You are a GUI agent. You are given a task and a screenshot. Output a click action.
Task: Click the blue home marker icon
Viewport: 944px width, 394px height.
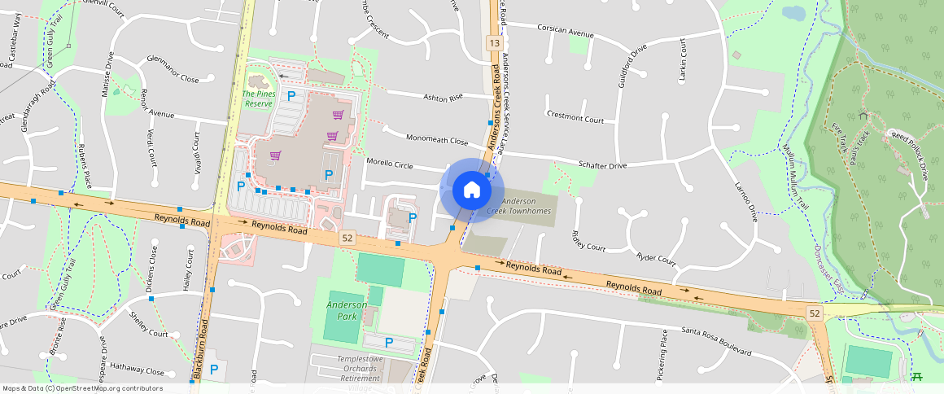tap(471, 190)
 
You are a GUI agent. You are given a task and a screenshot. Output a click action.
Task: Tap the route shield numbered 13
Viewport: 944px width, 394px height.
tap(494, 42)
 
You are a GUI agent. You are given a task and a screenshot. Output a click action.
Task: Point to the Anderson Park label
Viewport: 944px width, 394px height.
tap(347, 310)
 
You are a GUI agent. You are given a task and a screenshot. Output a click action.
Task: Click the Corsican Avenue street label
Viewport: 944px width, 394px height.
tap(566, 31)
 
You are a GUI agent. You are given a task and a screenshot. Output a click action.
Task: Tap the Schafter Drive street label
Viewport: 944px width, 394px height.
tap(602, 165)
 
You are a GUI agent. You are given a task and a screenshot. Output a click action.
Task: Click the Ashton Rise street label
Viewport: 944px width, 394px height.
tap(443, 97)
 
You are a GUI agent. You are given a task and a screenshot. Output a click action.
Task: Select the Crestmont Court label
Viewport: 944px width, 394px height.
tap(575, 117)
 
